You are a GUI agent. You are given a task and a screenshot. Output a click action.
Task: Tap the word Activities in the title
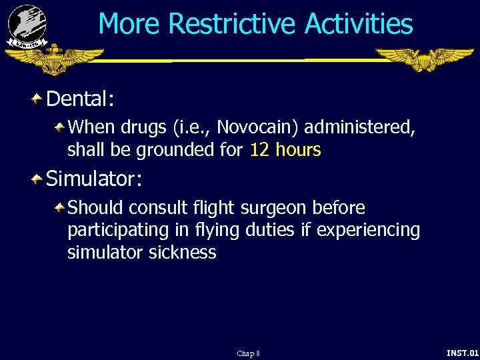pos(359,24)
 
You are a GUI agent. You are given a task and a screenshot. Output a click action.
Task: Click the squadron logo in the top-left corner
pos(27,25)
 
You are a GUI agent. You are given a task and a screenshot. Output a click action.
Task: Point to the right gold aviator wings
pos(425,59)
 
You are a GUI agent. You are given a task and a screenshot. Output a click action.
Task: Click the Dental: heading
pos(81,99)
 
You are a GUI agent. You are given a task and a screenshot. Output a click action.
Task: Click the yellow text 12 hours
pos(285,150)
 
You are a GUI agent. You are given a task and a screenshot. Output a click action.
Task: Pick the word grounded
pos(175,150)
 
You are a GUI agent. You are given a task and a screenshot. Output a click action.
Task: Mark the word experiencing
pos(368,230)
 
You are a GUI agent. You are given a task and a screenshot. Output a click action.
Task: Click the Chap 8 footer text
pos(248,353)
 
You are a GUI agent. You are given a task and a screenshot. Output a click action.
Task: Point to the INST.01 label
pos(462,352)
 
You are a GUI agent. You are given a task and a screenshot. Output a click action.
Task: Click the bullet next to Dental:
pos(38,99)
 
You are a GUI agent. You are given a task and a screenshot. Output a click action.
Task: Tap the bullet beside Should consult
pos(60,207)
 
